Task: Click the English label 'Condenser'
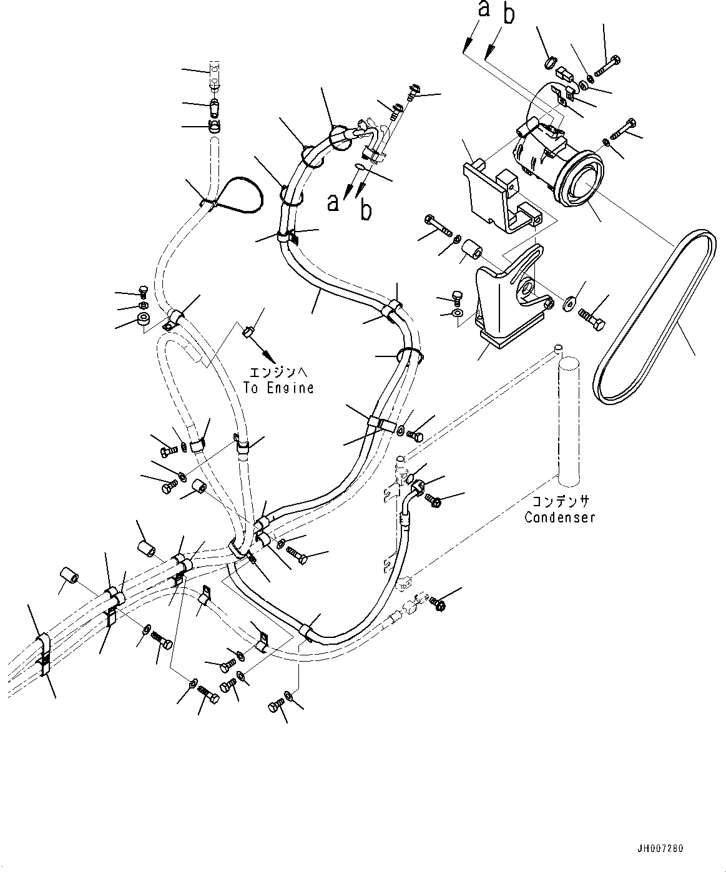click(560, 517)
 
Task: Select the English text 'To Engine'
click(278, 388)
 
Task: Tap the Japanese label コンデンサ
click(560, 501)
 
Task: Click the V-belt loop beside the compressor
click(655, 317)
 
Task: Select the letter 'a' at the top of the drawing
click(484, 9)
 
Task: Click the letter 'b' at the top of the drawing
click(509, 14)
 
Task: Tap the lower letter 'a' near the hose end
click(333, 203)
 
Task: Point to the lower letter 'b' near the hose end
click(366, 210)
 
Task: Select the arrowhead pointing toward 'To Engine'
click(270, 358)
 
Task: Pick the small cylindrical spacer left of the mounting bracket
click(471, 252)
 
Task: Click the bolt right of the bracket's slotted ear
click(591, 320)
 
